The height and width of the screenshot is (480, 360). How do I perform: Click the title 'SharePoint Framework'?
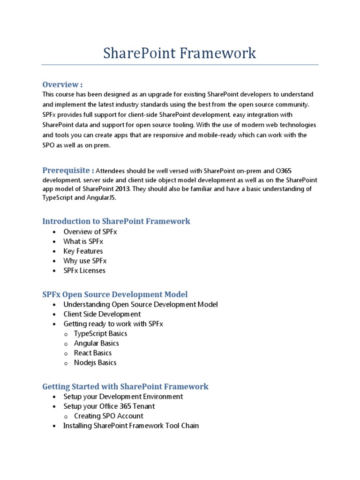(180, 53)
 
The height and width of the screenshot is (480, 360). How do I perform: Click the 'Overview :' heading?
(62, 84)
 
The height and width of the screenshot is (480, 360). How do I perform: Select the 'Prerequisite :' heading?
(68, 170)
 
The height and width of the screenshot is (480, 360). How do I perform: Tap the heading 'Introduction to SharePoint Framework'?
(116, 221)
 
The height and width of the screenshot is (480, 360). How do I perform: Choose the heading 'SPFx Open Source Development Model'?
(115, 294)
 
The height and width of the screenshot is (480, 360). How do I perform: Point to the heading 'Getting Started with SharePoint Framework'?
(125, 387)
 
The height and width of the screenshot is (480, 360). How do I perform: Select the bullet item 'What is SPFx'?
(83, 241)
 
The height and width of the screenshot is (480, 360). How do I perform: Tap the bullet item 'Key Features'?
(83, 251)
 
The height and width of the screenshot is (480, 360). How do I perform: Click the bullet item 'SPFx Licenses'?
(85, 270)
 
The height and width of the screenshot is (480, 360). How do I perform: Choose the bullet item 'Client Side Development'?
(102, 314)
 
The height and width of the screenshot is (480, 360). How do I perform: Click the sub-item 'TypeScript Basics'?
(101, 334)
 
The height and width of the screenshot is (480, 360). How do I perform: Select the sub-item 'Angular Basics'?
(97, 343)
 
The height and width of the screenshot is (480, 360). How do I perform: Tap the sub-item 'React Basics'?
(93, 353)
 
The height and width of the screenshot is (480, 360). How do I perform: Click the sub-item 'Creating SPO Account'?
(109, 416)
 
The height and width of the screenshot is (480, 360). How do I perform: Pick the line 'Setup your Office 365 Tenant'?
(109, 406)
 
